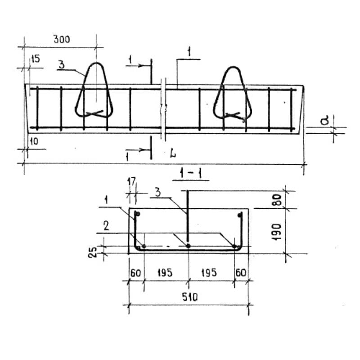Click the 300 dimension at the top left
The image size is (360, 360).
[x=62, y=39]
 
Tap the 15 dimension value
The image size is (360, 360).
[x=36, y=59]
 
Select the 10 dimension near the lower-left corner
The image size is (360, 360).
[x=34, y=141]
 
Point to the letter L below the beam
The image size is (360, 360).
[x=173, y=153]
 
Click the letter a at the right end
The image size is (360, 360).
[x=324, y=120]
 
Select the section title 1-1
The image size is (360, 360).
[x=191, y=173]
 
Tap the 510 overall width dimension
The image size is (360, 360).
[x=189, y=297]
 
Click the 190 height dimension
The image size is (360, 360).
[x=277, y=232]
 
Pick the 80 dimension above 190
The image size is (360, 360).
[x=277, y=200]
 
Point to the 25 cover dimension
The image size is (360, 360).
[x=93, y=252]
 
